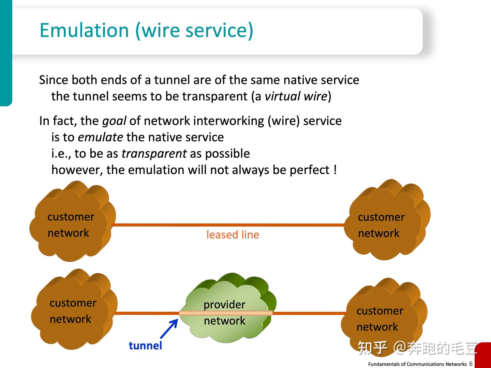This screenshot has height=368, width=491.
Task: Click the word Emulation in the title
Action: (x=84, y=30)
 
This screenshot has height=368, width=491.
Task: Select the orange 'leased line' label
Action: (x=233, y=235)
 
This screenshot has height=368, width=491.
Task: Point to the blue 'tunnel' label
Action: (x=145, y=346)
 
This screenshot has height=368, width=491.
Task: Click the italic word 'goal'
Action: (x=114, y=121)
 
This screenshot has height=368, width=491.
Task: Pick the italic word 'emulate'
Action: (x=100, y=137)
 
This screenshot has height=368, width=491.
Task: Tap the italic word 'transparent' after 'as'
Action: (x=154, y=154)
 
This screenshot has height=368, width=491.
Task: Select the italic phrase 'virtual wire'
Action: (x=296, y=96)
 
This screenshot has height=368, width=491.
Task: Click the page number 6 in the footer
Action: (x=471, y=364)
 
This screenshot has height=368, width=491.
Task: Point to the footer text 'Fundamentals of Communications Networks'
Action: (x=417, y=364)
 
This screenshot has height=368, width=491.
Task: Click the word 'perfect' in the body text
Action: (x=310, y=170)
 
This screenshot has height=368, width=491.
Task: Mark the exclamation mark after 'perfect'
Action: (x=335, y=170)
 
